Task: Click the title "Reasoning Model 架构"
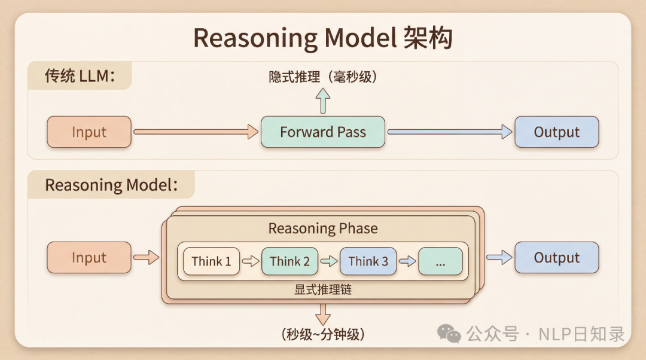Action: (x=322, y=38)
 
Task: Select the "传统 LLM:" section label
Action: (x=80, y=77)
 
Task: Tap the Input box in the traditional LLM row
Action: (x=89, y=132)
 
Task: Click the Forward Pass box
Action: (x=322, y=132)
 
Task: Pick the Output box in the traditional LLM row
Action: (x=556, y=132)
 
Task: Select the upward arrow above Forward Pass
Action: (x=323, y=100)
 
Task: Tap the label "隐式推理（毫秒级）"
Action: (x=323, y=77)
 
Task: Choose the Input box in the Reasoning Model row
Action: (x=89, y=258)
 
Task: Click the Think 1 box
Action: (x=211, y=261)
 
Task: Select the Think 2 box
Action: (x=290, y=261)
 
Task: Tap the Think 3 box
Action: (x=368, y=261)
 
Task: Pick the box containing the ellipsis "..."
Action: (x=440, y=261)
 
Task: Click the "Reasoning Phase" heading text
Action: (x=323, y=228)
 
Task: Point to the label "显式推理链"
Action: (x=322, y=290)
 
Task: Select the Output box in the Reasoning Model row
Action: (x=556, y=258)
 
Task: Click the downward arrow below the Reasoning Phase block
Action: (x=323, y=314)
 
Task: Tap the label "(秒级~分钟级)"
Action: (x=322, y=334)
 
